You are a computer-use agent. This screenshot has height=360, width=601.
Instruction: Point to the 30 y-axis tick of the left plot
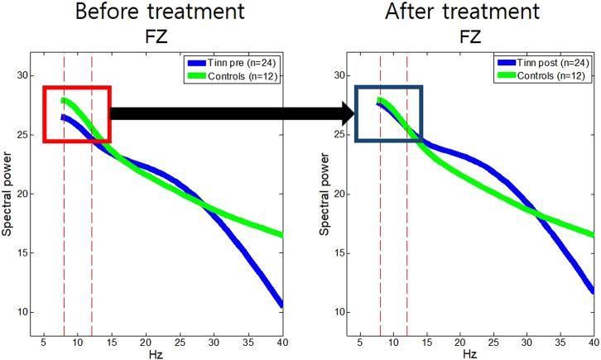pos(23,75)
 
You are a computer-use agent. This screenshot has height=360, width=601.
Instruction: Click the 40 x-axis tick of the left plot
pos(281,342)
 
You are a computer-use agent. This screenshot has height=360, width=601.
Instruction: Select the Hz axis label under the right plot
pos(469,353)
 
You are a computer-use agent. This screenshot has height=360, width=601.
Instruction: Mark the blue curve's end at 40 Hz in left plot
pos(281,305)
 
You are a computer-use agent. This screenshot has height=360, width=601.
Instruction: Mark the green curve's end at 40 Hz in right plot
pos(593,235)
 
